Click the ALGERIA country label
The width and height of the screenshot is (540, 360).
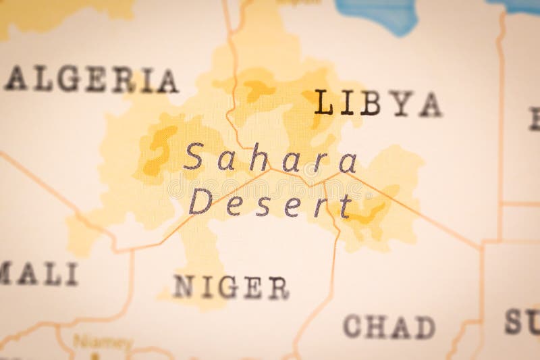[x=91, y=80]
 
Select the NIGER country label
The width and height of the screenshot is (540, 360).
[x=231, y=286]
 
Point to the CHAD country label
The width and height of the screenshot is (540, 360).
[x=389, y=326]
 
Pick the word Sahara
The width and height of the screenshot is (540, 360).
[x=270, y=159]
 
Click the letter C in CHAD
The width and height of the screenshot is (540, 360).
[x=353, y=326]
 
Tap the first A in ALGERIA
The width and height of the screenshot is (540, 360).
[x=16, y=80]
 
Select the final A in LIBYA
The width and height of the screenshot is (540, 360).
[x=430, y=103]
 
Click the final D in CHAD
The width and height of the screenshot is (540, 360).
[x=425, y=327]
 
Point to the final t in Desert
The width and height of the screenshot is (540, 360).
[x=345, y=205]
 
